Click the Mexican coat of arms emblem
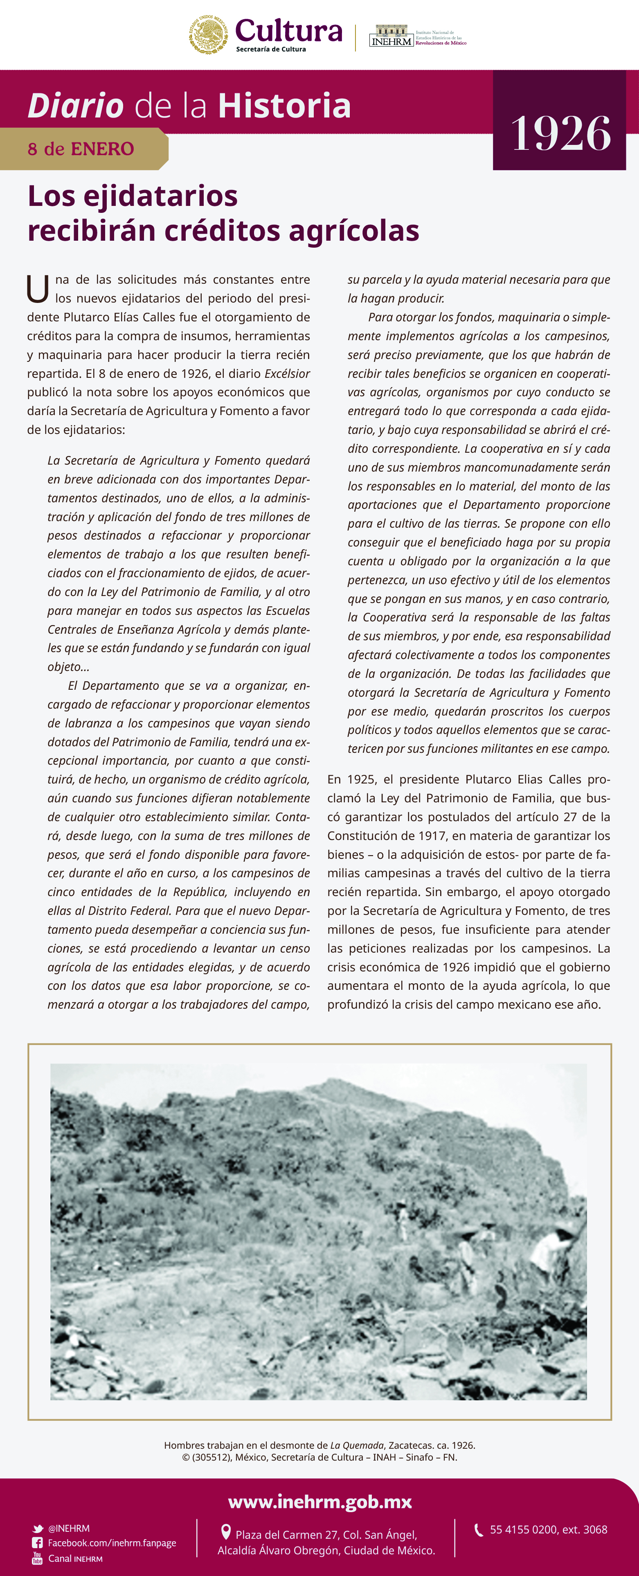pyautogui.click(x=208, y=35)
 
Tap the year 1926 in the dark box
pyautogui.click(x=560, y=133)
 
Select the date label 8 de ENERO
pyautogui.click(x=81, y=149)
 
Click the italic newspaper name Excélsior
pyautogui.click(x=287, y=373)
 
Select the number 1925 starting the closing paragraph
pyautogui.click(x=360, y=779)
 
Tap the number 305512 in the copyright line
pyautogui.click(x=212, y=1457)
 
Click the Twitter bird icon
pyautogui.click(x=38, y=1528)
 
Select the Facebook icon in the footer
pyautogui.click(x=38, y=1543)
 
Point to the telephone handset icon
pyautogui.click(x=479, y=1529)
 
